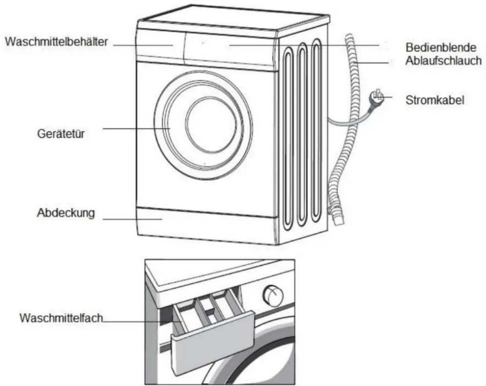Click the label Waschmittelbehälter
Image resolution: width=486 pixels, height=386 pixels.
56,42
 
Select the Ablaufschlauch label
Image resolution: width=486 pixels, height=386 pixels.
443,61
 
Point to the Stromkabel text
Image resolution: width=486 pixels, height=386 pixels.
435,100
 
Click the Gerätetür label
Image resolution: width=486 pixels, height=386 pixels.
61,133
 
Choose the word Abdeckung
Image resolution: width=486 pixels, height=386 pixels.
66,213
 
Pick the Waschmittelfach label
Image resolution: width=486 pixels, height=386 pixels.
61,318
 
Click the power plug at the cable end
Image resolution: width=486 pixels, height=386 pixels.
376,98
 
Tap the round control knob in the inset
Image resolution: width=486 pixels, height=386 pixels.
272,295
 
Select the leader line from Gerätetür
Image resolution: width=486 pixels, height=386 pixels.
137,129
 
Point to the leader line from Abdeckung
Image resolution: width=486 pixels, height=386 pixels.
133,219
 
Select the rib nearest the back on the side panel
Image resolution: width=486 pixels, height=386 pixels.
316,130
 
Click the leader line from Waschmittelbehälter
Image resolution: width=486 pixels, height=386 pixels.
143,45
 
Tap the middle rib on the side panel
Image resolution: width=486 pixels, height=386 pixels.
302,134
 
